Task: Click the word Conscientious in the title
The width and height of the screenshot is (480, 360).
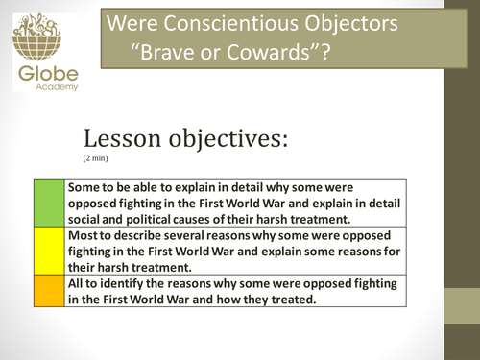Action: point(232,22)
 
